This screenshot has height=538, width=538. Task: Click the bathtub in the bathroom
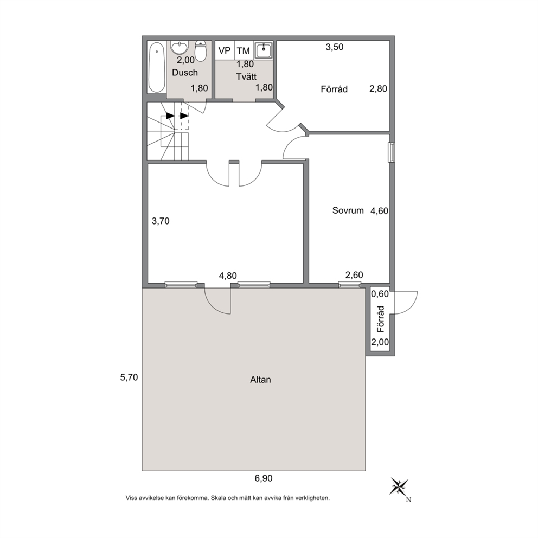coord(157,67)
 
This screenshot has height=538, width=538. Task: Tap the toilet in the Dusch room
coord(200,51)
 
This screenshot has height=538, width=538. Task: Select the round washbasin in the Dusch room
coord(180,48)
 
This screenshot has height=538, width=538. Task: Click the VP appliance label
coord(225,50)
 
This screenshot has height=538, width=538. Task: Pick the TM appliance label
coord(244,51)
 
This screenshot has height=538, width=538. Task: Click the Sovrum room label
coord(348,210)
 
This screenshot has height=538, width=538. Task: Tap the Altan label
coord(260,380)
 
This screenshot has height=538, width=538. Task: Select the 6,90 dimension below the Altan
coord(264,478)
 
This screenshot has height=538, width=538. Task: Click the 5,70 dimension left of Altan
coord(129,377)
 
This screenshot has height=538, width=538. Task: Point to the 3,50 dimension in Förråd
coord(335,47)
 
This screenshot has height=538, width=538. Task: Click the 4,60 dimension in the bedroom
coord(379,210)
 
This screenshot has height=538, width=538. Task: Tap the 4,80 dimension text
coord(228,276)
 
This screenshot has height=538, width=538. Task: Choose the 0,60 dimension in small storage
coord(380,294)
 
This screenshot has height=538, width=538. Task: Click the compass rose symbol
coord(399,487)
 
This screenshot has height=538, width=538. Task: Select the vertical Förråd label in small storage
coord(381,319)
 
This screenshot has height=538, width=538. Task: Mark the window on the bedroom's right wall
coord(391,152)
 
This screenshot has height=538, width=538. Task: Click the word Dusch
coord(185,72)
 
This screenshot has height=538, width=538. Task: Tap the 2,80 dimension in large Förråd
coord(378,89)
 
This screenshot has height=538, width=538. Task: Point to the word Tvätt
coord(246,76)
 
